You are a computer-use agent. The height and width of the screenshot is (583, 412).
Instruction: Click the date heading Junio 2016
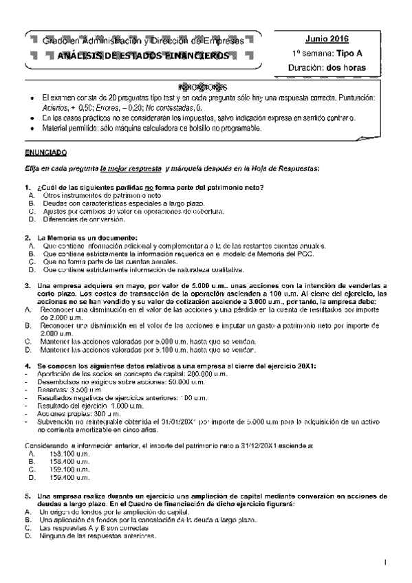[328, 38]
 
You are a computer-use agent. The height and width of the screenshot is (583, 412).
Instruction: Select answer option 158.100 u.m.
[65, 454]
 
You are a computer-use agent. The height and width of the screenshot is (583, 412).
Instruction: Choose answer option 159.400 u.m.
[65, 476]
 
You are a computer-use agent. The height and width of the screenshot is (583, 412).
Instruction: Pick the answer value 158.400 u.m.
[65, 461]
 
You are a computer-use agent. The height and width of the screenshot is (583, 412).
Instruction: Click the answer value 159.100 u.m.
[65, 469]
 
